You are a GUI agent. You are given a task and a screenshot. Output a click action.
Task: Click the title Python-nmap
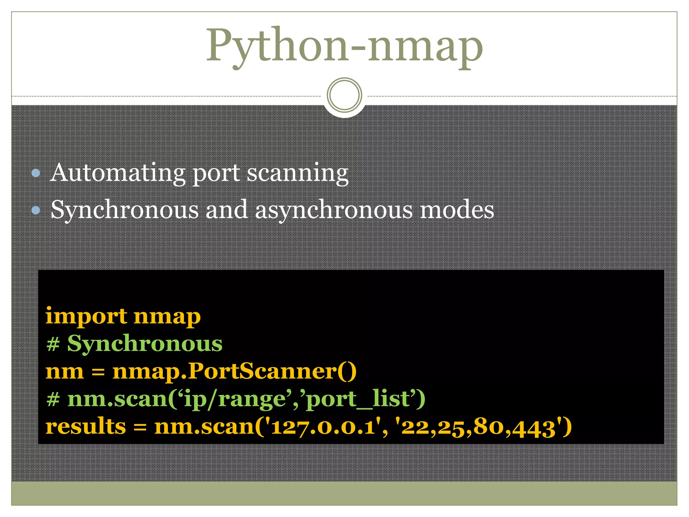344,45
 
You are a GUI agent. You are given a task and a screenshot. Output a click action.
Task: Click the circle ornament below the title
344,95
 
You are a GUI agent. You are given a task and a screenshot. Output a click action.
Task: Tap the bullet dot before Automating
36,173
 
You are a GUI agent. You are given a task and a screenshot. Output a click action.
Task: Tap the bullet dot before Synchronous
36,210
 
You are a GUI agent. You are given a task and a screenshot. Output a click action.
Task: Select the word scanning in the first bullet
298,173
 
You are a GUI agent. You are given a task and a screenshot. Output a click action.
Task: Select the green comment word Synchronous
145,344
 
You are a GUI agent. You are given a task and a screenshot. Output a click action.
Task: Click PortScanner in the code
262,371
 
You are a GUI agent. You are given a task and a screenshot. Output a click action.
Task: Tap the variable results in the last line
86,426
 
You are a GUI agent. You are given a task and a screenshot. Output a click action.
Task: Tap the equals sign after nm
98,372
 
